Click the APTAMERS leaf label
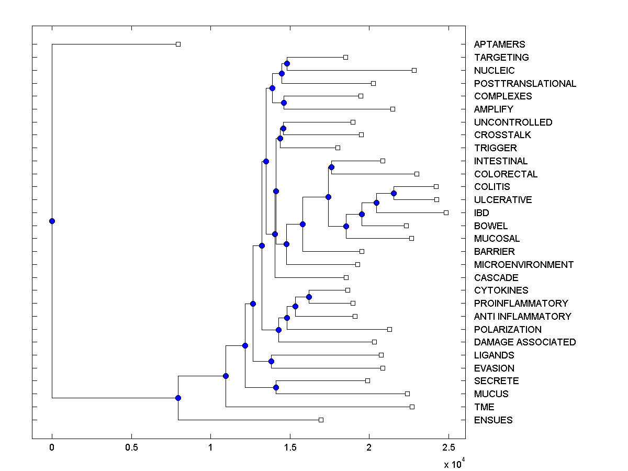click(499, 44)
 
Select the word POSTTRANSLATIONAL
click(525, 84)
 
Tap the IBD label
click(481, 213)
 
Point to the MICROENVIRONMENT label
click(523, 265)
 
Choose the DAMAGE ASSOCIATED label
click(525, 342)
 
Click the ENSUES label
click(493, 420)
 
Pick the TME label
click(484, 407)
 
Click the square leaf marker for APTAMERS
click(178, 44)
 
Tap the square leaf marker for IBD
click(446, 212)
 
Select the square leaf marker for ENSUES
click(321, 420)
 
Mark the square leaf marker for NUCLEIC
click(414, 70)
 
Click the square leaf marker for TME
click(412, 407)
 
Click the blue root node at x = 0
click(52, 221)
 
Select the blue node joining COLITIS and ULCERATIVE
click(394, 193)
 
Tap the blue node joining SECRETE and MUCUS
click(276, 387)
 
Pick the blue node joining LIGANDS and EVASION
click(271, 361)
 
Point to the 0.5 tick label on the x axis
click(131, 448)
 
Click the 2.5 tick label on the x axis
click(448, 448)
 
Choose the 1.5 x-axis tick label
click(290, 448)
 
